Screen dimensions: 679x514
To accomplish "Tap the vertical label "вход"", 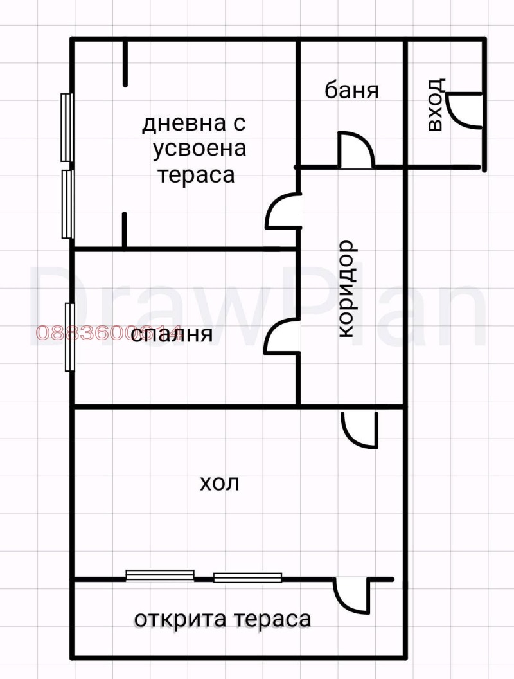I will coord(436,105).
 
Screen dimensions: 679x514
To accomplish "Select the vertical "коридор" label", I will coord(345,289).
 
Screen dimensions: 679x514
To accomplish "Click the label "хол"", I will coord(220,483).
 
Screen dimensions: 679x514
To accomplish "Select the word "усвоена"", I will coord(199,149).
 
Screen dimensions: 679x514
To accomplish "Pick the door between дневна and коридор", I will coord(283,212).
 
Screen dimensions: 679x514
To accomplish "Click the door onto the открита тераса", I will coord(350,595).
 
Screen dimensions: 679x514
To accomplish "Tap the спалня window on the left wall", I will coord(70,337).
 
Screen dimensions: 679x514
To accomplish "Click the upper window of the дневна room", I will coord(66,127).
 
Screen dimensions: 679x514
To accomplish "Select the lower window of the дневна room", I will coord(66,203).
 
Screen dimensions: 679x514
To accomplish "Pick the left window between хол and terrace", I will coord(160,575).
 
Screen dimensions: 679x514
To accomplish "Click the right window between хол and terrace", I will coord(247,577).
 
